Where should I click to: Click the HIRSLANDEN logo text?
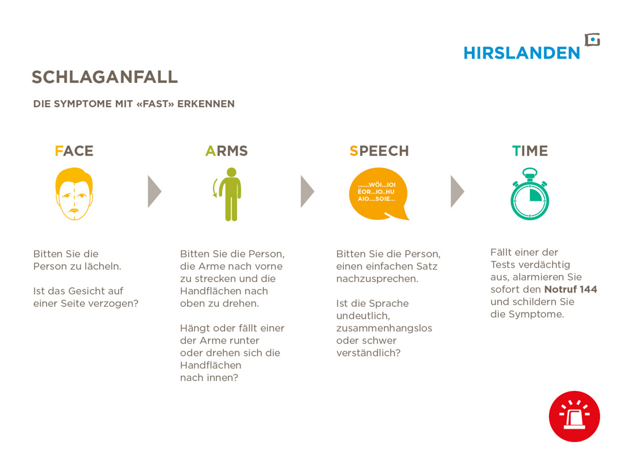521,53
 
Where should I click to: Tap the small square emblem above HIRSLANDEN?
593,40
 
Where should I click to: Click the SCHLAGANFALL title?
105,77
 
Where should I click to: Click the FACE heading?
74,151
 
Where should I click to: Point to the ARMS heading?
227,151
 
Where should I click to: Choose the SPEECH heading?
379,151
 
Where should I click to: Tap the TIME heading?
530,151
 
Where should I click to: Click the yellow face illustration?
74,194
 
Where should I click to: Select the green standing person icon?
231,194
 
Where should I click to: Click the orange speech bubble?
378,194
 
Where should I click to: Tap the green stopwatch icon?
529,194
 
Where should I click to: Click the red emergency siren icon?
574,416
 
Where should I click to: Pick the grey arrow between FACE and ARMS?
154,192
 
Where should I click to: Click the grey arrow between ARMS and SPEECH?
307,192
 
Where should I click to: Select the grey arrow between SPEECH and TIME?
457,192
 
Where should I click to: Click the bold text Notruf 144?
570,289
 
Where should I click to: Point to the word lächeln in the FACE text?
102,266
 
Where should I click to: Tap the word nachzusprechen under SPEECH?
377,279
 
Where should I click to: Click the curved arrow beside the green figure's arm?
214,188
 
